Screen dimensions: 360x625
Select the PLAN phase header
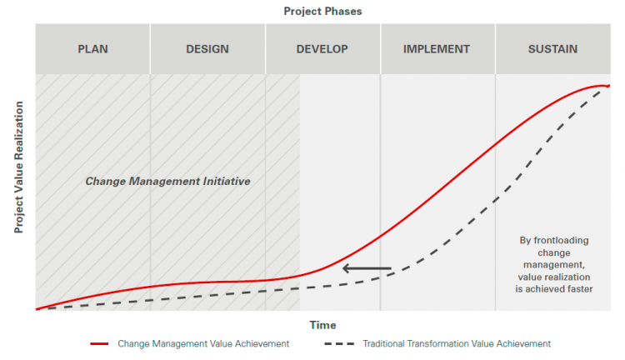point(92,48)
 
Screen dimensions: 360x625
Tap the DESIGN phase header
point(207,48)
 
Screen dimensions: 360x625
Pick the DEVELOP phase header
point(322,48)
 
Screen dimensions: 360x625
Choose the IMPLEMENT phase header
point(437,48)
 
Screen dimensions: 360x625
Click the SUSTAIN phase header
point(552,48)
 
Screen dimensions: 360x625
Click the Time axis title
point(323,325)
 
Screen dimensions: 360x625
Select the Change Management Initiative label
point(167,181)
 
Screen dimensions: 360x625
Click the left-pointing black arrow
point(367,268)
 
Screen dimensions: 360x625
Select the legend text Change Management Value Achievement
point(203,343)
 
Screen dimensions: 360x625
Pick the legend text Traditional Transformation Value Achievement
point(457,343)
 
